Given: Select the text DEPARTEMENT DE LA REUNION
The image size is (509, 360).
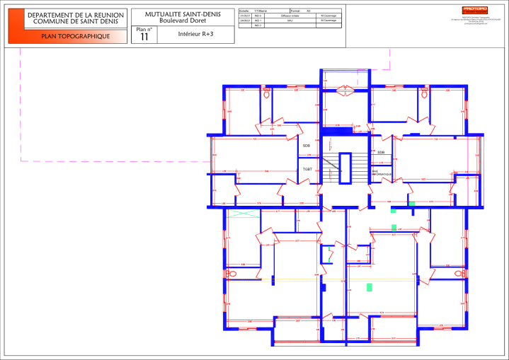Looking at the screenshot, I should (x=76, y=15).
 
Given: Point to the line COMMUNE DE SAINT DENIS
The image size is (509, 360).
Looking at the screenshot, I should (x=76, y=22).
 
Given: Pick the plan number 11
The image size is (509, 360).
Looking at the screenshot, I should (x=144, y=37).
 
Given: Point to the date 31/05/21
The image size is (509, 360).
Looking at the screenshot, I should (x=245, y=16).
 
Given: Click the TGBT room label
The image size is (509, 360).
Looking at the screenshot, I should (x=308, y=170).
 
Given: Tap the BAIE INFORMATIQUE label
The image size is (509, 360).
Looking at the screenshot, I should (x=381, y=172).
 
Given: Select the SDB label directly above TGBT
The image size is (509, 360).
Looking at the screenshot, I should (x=307, y=146).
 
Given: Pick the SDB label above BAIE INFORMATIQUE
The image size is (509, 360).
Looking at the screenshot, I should (x=381, y=152).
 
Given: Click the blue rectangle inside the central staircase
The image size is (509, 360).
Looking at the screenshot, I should (x=345, y=168).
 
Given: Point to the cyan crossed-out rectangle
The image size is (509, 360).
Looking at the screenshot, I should (x=242, y=214).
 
